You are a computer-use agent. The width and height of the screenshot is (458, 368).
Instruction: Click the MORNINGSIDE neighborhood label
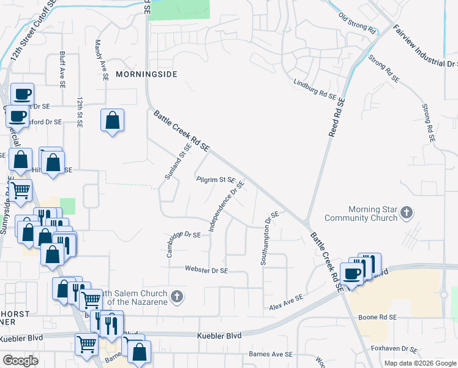tap(146, 74)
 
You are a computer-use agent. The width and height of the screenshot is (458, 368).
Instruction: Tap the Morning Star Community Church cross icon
tap(407, 213)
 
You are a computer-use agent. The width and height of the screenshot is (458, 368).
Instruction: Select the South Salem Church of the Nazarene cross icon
tap(176, 297)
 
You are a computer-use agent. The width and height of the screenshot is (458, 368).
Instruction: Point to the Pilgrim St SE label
tap(216, 180)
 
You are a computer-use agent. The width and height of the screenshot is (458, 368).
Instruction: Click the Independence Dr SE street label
tap(227, 205)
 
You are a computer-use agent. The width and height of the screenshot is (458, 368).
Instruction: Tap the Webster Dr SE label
tap(207, 270)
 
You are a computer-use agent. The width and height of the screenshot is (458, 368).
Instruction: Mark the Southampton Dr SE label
tap(271, 238)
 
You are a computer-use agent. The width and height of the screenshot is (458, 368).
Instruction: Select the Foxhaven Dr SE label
tap(394, 349)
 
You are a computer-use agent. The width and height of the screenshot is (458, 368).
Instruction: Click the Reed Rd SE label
tap(336, 117)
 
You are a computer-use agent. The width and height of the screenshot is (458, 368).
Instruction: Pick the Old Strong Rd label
tap(356, 24)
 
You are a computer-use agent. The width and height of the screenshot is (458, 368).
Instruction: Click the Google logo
tap(20, 361)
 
